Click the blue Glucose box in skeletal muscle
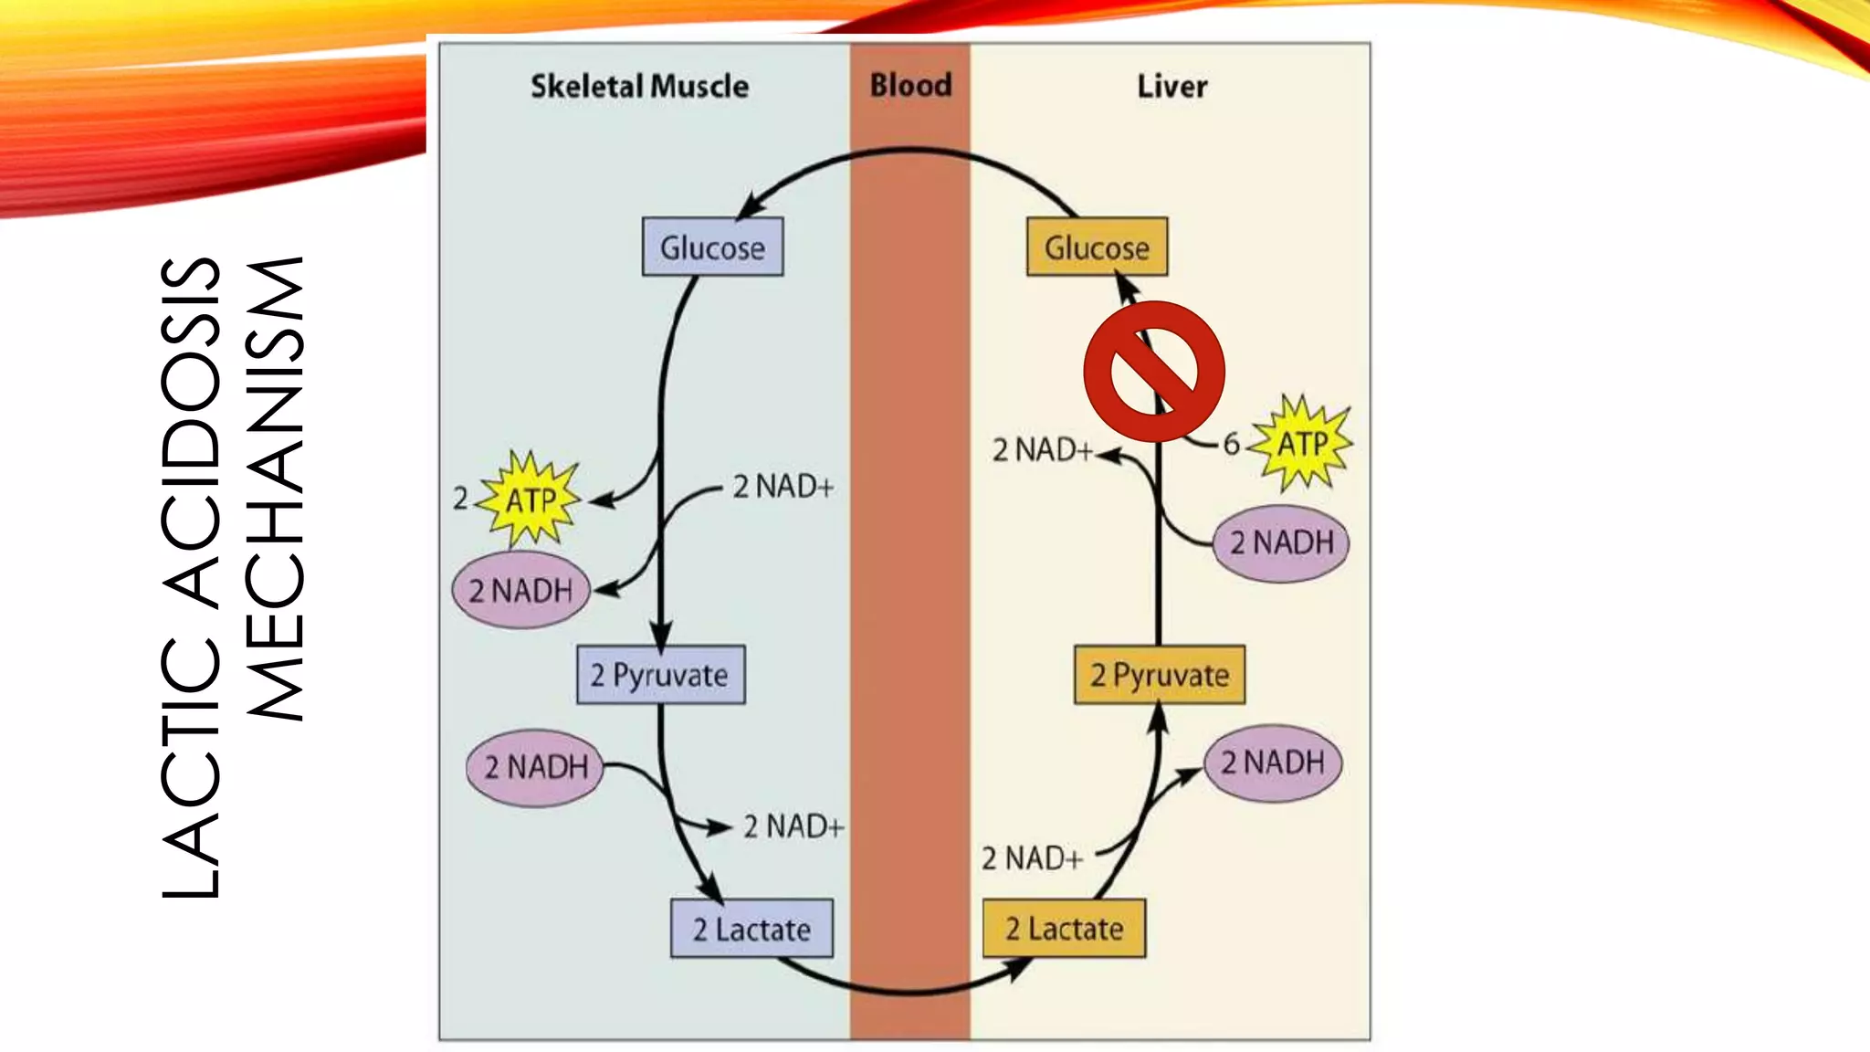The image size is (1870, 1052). [712, 247]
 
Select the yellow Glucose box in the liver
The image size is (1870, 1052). [1097, 247]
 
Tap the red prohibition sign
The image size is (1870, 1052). [1154, 371]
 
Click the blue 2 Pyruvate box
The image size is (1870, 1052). [660, 675]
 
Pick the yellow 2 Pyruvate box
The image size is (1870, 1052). [1159, 675]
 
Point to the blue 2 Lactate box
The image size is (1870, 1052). [751, 929]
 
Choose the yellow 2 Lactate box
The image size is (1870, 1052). [1064, 929]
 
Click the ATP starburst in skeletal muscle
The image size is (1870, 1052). [531, 499]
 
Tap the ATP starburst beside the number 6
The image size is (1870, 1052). [1301, 444]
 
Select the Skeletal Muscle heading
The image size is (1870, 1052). [639, 87]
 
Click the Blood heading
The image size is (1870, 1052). [910, 85]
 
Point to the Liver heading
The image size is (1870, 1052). [1171, 87]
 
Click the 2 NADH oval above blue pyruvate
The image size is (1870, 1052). [520, 590]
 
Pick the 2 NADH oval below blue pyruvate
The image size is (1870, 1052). [535, 767]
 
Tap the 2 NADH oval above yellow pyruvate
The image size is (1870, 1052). [1281, 542]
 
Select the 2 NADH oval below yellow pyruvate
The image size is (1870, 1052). [1272, 763]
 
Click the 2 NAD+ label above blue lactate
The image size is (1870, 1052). [793, 826]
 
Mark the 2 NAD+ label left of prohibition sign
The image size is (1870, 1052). [1042, 450]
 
